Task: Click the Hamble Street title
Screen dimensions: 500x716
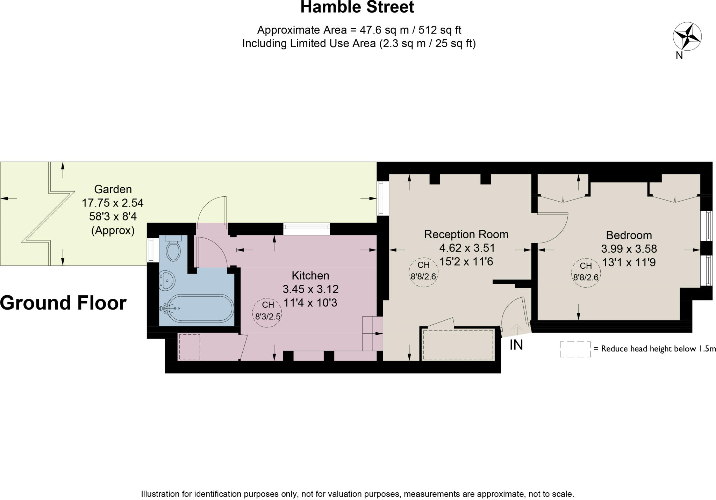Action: click(x=357, y=7)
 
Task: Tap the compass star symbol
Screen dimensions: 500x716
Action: click(x=687, y=36)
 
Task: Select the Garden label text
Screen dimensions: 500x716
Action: click(x=113, y=189)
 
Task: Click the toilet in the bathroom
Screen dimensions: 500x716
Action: click(x=173, y=248)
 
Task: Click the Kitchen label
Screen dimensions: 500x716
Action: click(x=310, y=275)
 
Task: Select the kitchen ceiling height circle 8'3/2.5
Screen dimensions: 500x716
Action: click(x=267, y=312)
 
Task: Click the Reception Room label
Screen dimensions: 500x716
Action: click(x=466, y=234)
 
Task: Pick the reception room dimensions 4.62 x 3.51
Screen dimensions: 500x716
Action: click(x=467, y=248)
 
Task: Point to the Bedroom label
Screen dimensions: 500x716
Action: click(x=629, y=235)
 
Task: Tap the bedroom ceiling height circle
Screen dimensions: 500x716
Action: click(x=586, y=273)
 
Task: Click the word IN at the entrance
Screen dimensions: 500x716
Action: click(x=516, y=345)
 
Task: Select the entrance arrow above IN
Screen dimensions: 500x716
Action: click(x=516, y=329)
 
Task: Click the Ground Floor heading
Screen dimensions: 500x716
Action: click(x=63, y=303)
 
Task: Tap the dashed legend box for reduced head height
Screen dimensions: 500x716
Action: click(x=575, y=349)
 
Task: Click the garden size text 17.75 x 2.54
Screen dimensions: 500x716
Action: click(x=113, y=203)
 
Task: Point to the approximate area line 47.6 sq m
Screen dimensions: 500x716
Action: click(x=359, y=30)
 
